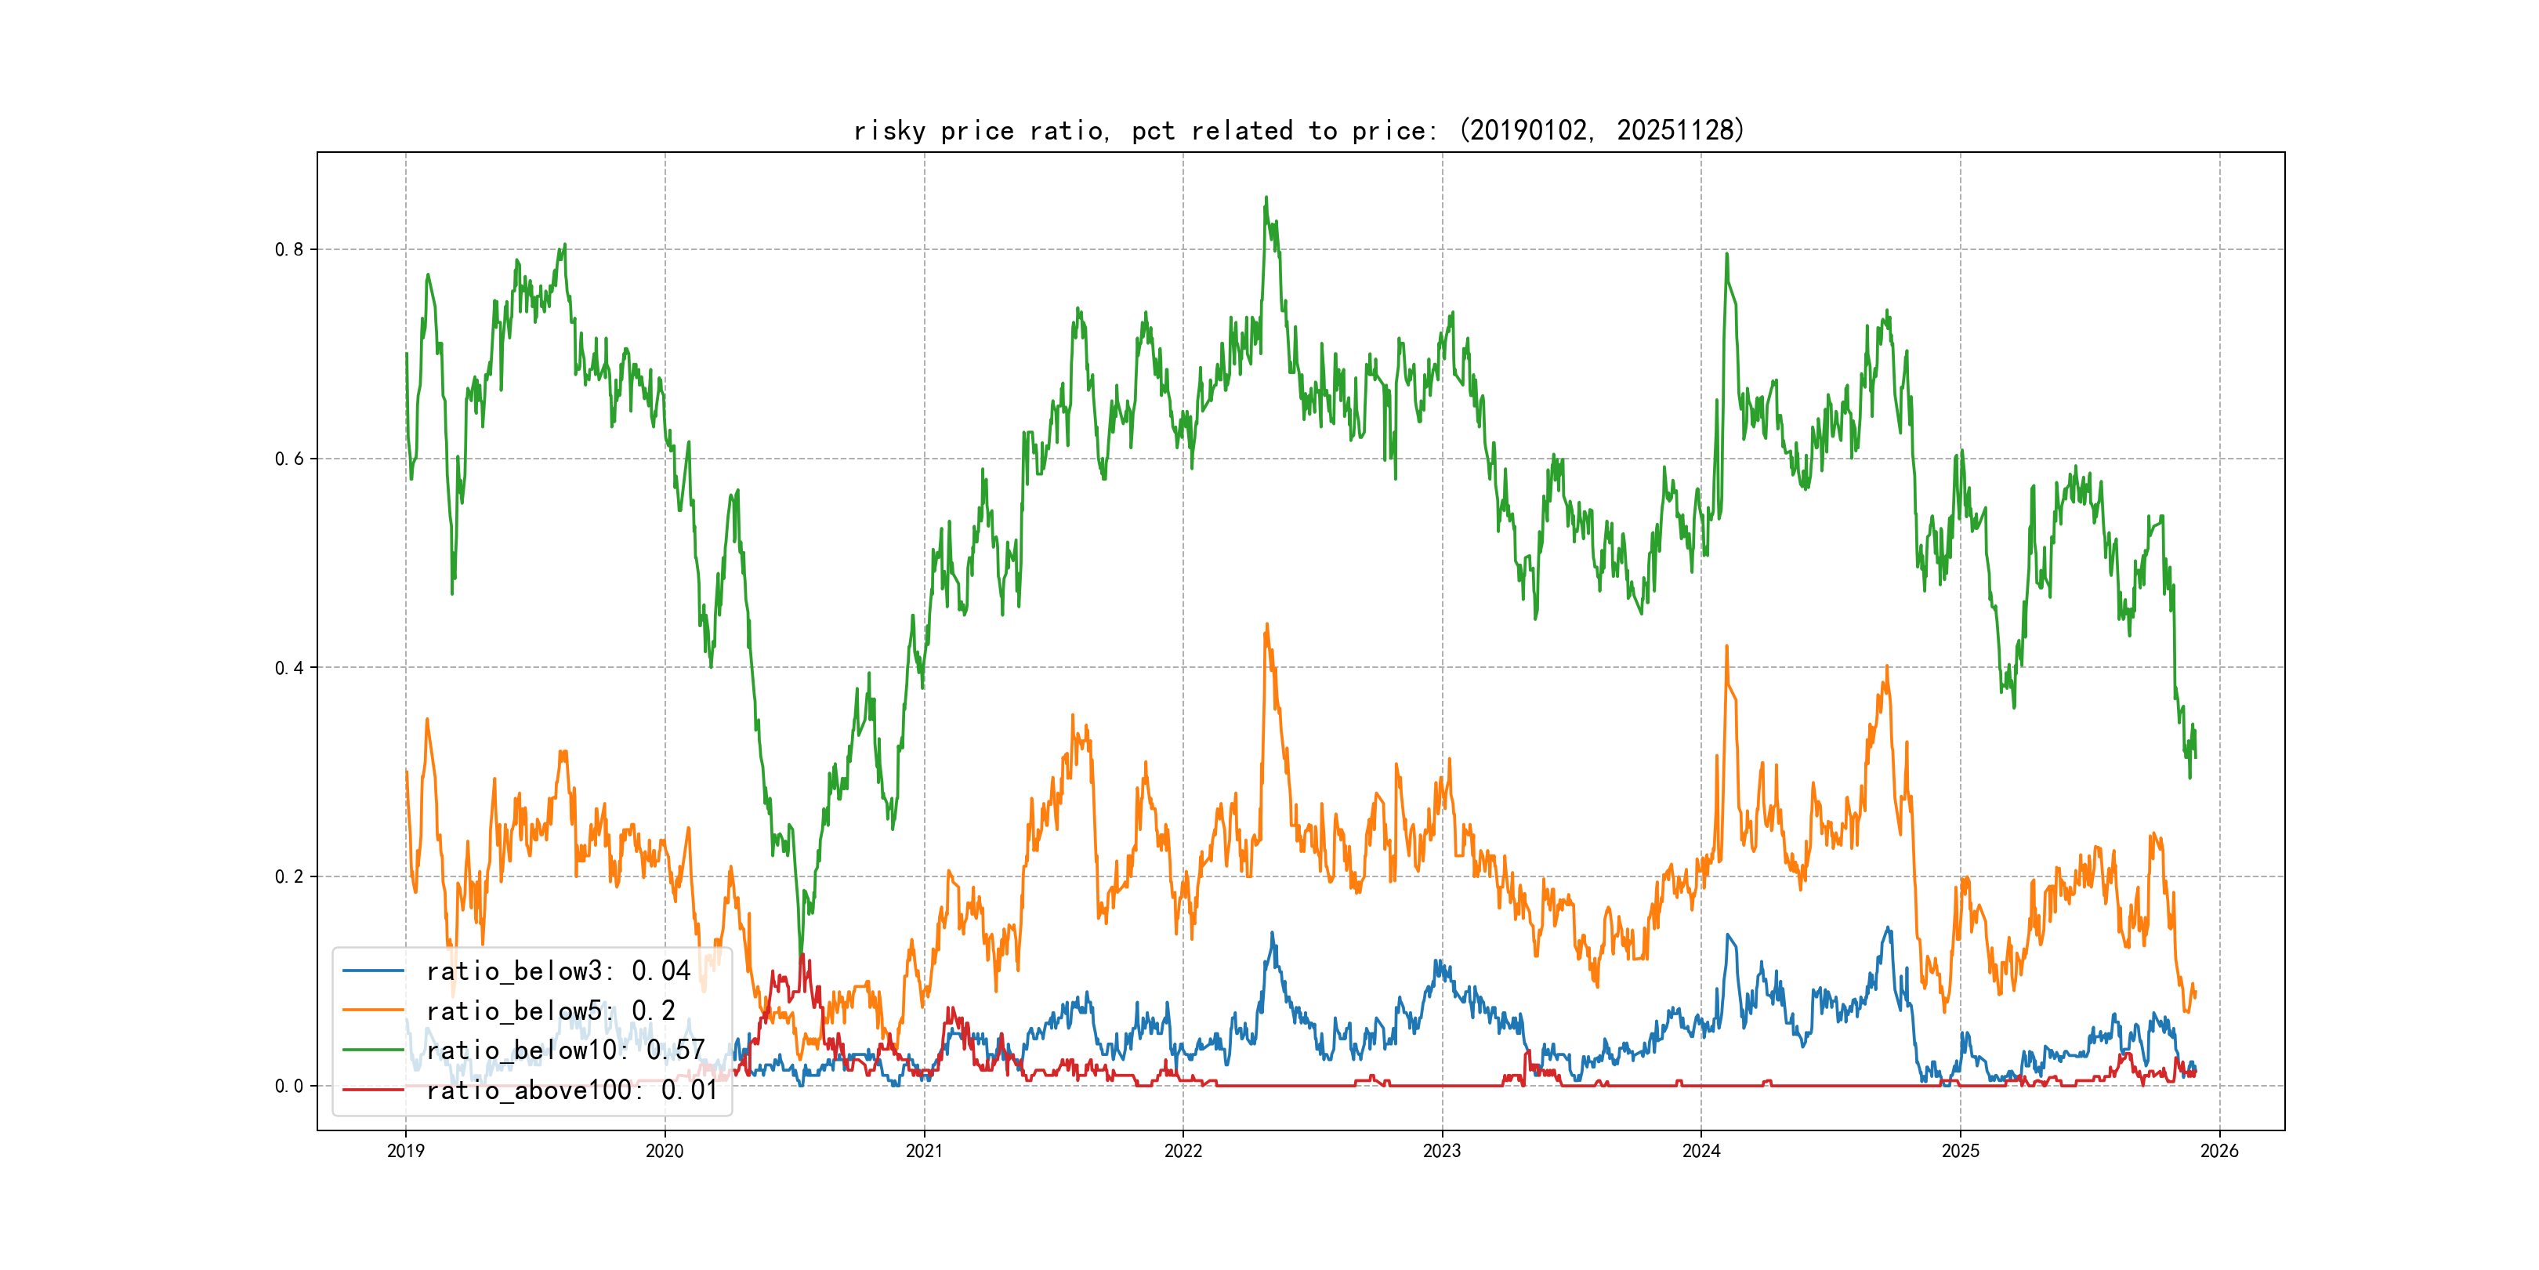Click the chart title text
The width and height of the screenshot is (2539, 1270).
tap(1299, 130)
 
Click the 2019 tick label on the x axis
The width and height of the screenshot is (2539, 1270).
tap(405, 1151)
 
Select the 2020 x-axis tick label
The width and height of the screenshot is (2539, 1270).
tap(665, 1151)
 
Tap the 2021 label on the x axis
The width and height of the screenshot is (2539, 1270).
tap(924, 1151)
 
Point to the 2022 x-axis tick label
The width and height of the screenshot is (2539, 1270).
tap(1183, 1151)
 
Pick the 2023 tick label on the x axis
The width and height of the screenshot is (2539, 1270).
tap(1442, 1151)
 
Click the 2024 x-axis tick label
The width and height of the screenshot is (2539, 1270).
tap(1701, 1151)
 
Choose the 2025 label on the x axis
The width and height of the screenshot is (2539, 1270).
tap(1961, 1151)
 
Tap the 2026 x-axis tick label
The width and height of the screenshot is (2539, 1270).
tap(2219, 1151)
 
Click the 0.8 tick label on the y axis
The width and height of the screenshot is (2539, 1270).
tap(289, 249)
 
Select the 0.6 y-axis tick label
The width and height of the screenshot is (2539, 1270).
tap(289, 459)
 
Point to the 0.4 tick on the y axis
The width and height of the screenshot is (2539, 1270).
tap(289, 668)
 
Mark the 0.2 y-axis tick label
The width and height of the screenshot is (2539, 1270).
tap(289, 876)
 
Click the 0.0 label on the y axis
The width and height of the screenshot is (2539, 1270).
tap(289, 1086)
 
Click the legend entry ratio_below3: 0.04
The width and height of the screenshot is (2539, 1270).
tap(558, 971)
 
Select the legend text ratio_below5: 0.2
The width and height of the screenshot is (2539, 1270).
tap(550, 1011)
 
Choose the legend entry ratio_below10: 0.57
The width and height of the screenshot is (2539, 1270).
tap(565, 1050)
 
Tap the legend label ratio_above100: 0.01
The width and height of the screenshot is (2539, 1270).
tap(572, 1090)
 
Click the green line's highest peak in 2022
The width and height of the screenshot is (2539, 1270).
tap(1266, 198)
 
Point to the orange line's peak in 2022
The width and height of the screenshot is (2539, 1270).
tap(1266, 624)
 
